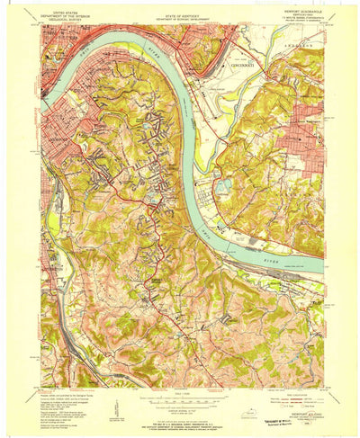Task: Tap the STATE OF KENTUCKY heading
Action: pyautogui.click(x=180, y=9)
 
